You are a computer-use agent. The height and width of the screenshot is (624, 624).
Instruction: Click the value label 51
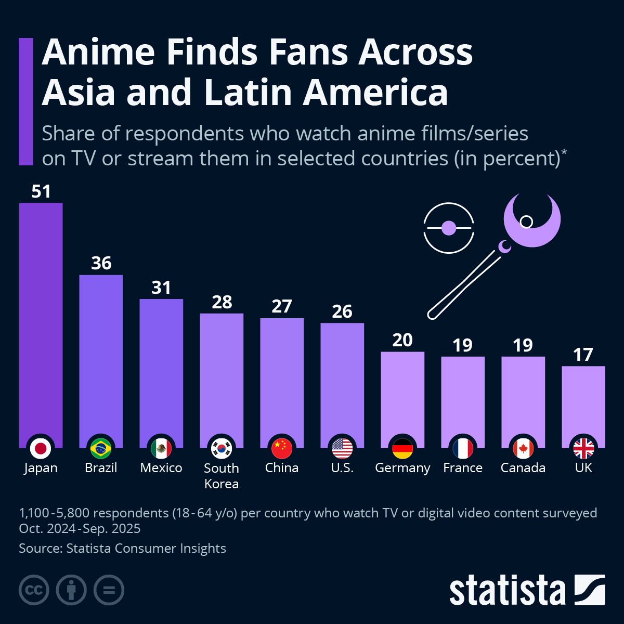tap(41, 191)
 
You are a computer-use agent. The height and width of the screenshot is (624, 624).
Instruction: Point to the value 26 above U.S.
tap(342, 311)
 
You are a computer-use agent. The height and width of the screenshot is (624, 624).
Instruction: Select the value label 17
tap(583, 355)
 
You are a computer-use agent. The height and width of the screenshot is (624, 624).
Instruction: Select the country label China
tap(282, 468)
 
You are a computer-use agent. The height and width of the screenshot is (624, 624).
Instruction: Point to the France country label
tap(463, 468)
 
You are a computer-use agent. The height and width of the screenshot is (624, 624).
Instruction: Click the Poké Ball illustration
tap(449, 228)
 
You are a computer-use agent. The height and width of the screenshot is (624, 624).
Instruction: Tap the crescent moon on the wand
tap(533, 221)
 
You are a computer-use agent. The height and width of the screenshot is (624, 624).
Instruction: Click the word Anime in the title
tap(99, 52)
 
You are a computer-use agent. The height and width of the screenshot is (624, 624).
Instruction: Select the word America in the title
tap(375, 93)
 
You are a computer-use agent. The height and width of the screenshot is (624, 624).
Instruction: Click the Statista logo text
tap(507, 590)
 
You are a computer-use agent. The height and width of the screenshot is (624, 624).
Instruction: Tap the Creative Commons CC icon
tap(34, 590)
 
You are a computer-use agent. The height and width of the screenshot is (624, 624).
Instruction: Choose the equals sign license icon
tap(109, 590)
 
